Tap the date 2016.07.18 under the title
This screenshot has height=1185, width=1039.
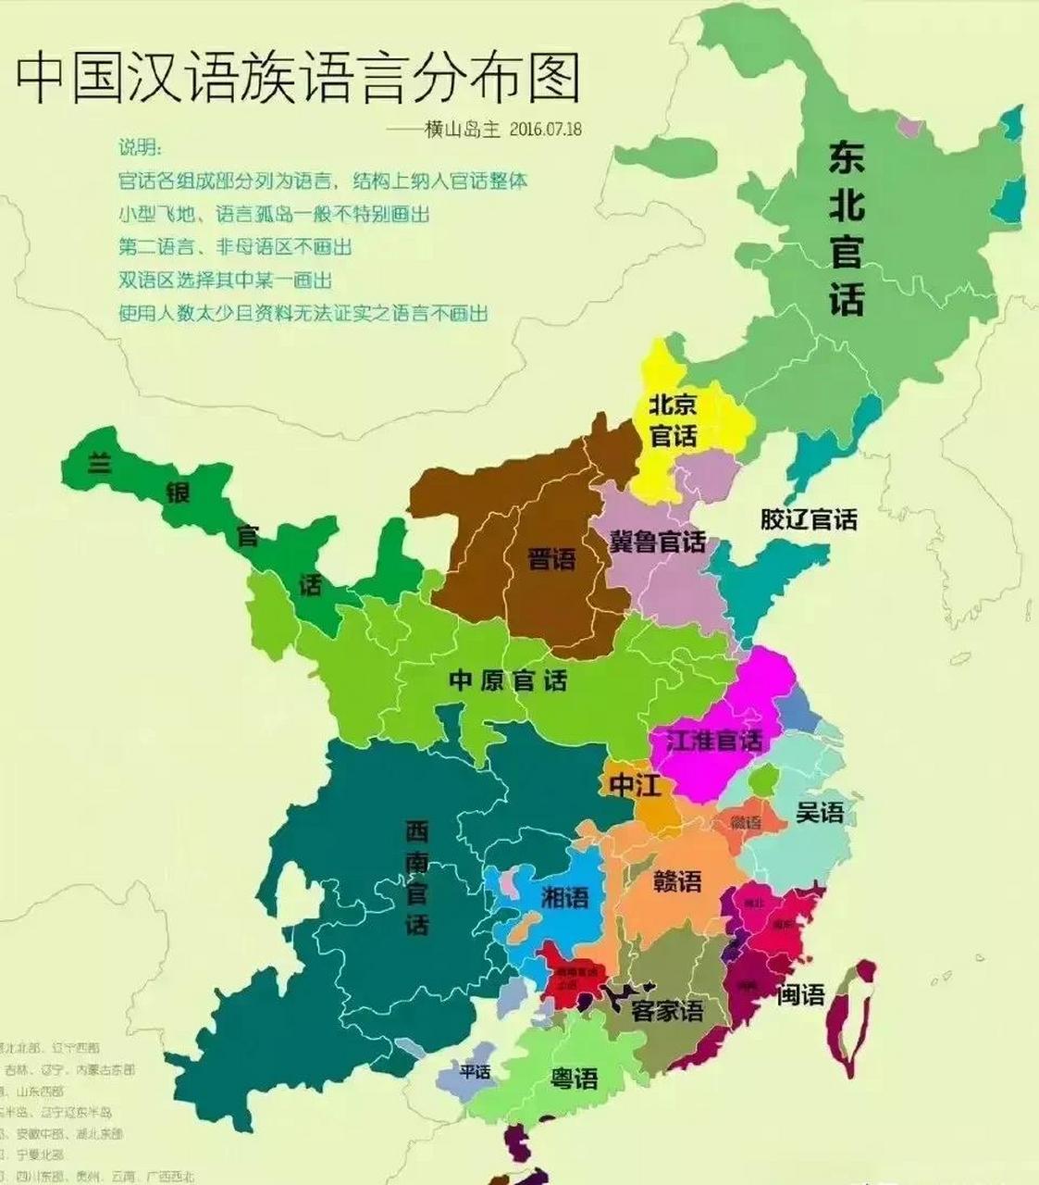click(545, 129)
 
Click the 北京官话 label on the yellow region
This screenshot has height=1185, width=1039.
click(673, 419)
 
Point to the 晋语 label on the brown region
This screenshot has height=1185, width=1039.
click(551, 558)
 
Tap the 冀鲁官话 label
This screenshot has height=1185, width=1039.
click(657, 541)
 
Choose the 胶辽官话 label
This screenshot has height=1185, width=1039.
click(809, 519)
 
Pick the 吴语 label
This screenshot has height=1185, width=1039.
click(820, 812)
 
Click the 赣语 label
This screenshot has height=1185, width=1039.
click(677, 881)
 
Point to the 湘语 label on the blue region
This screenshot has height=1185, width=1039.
click(564, 897)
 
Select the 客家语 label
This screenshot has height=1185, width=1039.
click(666, 1011)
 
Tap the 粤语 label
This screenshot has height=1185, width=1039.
click(574, 1079)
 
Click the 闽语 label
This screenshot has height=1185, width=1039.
click(800, 995)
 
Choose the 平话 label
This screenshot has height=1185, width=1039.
click(475, 1071)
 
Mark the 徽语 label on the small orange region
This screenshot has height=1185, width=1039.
click(745, 823)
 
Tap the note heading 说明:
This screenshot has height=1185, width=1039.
click(140, 148)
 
